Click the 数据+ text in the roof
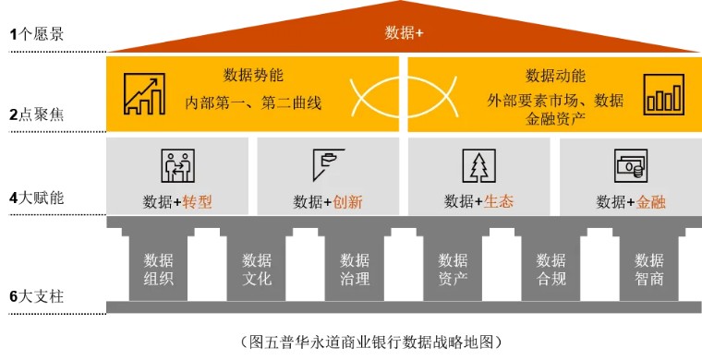pos(404,33)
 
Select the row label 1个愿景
pos(36,34)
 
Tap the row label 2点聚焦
pos(36,115)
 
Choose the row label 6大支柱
pos(36,297)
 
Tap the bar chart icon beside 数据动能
pos(664,94)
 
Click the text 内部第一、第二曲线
pos(252,102)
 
